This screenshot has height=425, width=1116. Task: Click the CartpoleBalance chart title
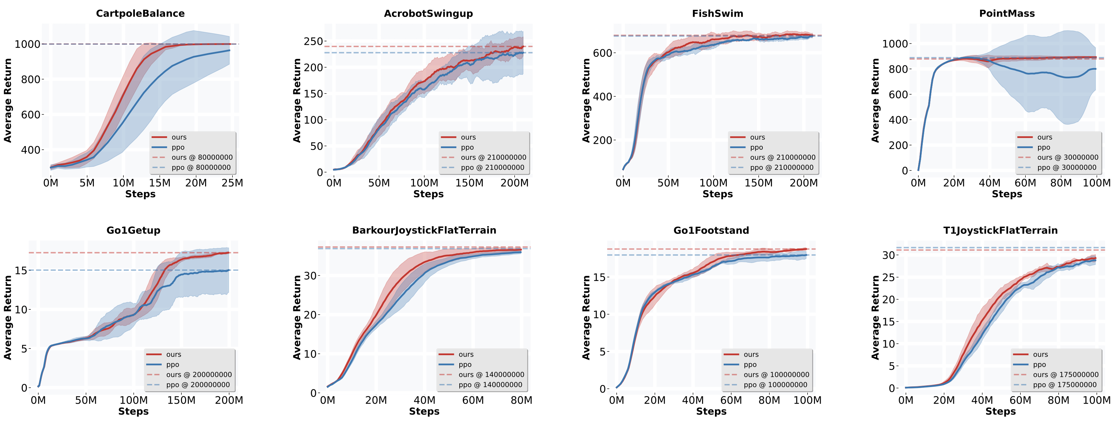click(x=140, y=14)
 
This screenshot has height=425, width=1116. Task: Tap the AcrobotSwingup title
click(x=428, y=14)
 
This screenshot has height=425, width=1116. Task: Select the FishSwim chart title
click(x=717, y=14)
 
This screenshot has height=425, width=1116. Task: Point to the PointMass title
click(x=1007, y=14)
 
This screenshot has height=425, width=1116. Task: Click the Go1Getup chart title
click(x=134, y=230)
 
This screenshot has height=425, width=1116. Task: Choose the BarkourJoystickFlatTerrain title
click(x=424, y=230)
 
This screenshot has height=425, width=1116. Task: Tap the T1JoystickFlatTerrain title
click(x=1000, y=230)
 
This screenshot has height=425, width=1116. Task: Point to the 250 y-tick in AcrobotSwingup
click(x=313, y=42)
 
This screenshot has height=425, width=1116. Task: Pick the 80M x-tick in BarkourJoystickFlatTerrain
click(x=521, y=400)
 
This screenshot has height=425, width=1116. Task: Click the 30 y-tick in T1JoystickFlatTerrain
click(x=889, y=255)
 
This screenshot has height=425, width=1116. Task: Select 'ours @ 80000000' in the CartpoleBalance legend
click(x=202, y=158)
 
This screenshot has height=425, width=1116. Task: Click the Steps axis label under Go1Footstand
click(x=711, y=411)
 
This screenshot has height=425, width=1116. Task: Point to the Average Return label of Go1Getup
click(x=8, y=318)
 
